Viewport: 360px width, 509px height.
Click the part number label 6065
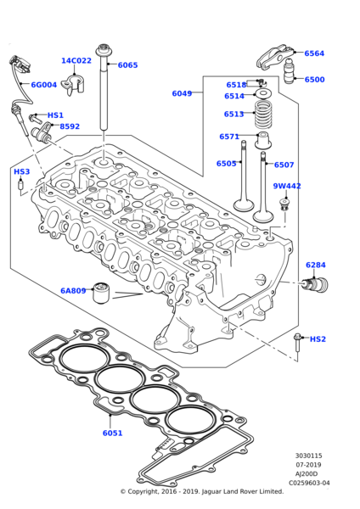pos(127,65)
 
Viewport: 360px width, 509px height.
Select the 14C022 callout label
pos(76,61)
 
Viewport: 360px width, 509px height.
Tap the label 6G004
pos(44,85)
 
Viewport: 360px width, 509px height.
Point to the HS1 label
pos(55,115)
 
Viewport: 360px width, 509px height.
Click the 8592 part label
pos(70,127)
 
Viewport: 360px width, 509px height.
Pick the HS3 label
pos(21,172)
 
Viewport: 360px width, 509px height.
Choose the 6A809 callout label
pos(73,291)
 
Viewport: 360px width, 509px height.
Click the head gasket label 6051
pos(113,433)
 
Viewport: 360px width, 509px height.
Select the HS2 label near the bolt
pos(318,339)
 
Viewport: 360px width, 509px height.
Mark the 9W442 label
pos(287,187)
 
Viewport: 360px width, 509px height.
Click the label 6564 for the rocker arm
pos(314,53)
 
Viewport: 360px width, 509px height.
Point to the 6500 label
pos(314,80)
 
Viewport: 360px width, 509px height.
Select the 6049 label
pos(182,93)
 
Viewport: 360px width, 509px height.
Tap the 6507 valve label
pos(284,165)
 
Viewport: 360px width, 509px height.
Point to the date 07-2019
pos(308,464)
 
